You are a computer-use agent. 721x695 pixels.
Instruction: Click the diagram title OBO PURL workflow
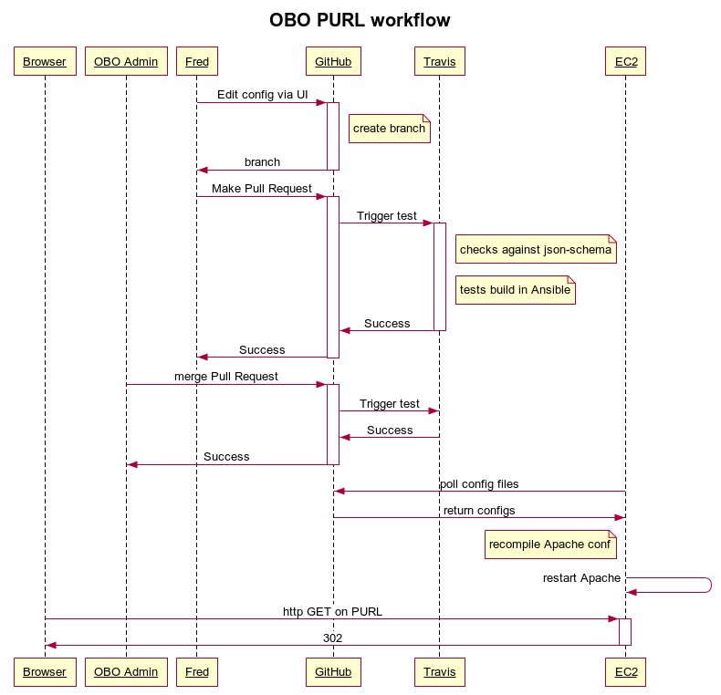pyautogui.click(x=360, y=20)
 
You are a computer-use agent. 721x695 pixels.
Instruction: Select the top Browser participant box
pyautogui.click(x=45, y=61)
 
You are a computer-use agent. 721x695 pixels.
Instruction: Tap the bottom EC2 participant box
pyautogui.click(x=625, y=672)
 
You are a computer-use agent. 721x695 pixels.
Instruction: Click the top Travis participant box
pyautogui.click(x=439, y=61)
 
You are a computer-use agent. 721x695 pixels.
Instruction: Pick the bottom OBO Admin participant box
pyautogui.click(x=126, y=672)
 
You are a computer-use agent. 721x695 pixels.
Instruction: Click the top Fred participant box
pyautogui.click(x=196, y=61)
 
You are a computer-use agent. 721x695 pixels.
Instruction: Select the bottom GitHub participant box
pyautogui.click(x=333, y=672)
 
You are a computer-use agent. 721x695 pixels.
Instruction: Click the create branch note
pyautogui.click(x=389, y=129)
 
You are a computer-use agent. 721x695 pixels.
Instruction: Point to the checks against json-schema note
pyautogui.click(x=536, y=250)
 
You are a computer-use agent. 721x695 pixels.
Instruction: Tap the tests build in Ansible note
pyautogui.click(x=515, y=290)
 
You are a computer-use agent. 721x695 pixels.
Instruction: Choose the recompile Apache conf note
pyautogui.click(x=550, y=545)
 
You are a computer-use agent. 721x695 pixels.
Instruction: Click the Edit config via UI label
pyautogui.click(x=262, y=95)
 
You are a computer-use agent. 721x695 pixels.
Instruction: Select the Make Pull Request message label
pyautogui.click(x=262, y=189)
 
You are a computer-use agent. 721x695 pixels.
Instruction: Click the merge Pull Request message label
pyautogui.click(x=226, y=377)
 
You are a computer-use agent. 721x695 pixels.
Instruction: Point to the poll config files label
pyautogui.click(x=479, y=484)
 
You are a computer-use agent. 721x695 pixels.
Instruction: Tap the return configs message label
pyautogui.click(x=479, y=511)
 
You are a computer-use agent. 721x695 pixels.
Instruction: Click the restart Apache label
pyautogui.click(x=581, y=578)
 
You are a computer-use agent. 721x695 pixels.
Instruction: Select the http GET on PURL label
pyautogui.click(x=332, y=612)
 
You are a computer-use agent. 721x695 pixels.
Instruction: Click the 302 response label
pyautogui.click(x=332, y=638)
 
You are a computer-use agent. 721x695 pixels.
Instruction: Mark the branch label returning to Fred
pyautogui.click(x=262, y=162)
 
